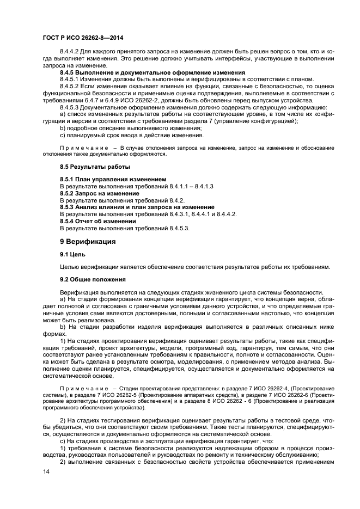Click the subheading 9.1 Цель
coord(72,254)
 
